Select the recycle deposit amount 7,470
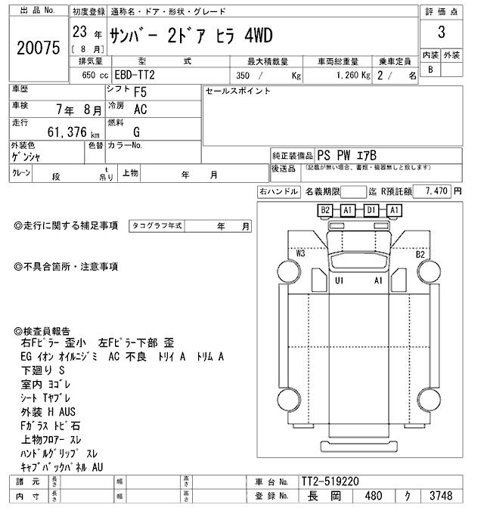(x=439, y=192)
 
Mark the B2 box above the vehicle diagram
(x=325, y=209)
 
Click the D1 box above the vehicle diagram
(x=371, y=209)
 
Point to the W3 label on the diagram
(x=301, y=253)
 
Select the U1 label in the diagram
(x=340, y=280)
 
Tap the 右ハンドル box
(x=278, y=192)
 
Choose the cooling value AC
(x=140, y=109)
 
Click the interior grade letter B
(x=430, y=70)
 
